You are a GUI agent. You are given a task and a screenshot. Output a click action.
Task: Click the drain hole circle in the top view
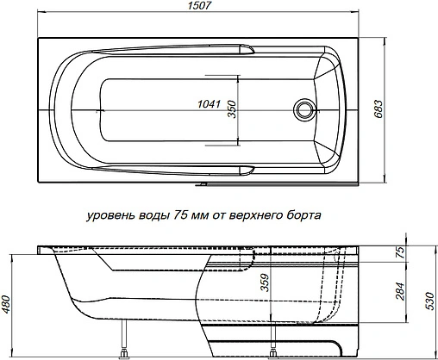pos(303,109)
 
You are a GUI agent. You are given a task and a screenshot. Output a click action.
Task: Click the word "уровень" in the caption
pos(109,216)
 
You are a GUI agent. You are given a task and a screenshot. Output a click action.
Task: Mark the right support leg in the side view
pos(274,340)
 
